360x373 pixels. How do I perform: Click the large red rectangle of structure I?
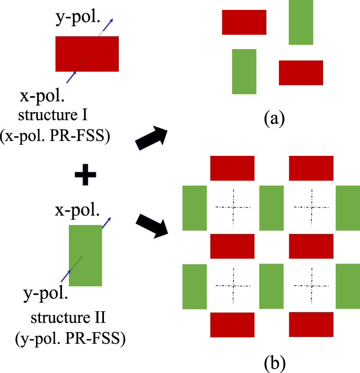(x=87, y=54)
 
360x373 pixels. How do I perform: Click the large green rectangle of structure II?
(x=85, y=255)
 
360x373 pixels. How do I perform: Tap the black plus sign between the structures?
(x=85, y=175)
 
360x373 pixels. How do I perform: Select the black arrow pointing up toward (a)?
(x=152, y=138)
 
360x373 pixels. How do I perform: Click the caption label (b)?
(x=274, y=363)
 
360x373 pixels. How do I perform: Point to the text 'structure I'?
(x=53, y=115)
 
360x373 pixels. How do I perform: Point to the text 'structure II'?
(x=68, y=318)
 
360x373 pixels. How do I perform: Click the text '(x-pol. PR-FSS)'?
(x=55, y=136)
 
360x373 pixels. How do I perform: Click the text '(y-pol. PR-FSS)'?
(x=70, y=339)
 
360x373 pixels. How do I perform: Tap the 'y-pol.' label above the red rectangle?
(x=78, y=18)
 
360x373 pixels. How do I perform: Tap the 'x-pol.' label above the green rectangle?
(x=77, y=210)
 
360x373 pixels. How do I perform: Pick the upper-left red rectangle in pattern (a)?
(x=244, y=22)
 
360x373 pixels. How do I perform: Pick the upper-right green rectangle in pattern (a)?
(x=301, y=23)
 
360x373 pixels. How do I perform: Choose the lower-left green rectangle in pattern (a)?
(x=244, y=72)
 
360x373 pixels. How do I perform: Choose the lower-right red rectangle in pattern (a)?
(x=301, y=73)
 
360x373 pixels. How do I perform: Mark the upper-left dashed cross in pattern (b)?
(x=233, y=207)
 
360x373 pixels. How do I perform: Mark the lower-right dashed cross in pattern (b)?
(x=311, y=286)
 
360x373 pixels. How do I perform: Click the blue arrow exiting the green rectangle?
(x=107, y=223)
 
